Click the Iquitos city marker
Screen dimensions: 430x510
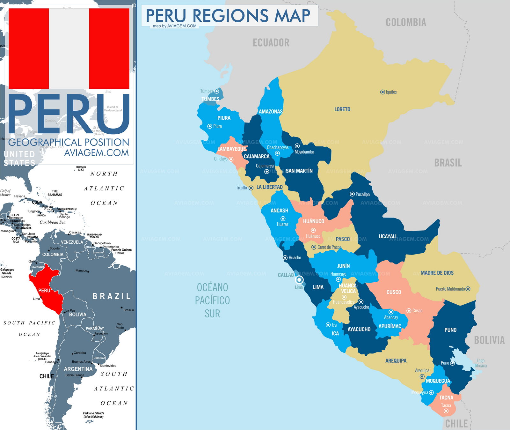click(x=382, y=92)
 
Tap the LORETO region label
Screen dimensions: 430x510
click(x=342, y=109)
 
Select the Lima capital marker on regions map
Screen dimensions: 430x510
click(x=299, y=280)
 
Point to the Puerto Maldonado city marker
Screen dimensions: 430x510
click(x=468, y=289)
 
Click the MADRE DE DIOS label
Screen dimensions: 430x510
click(x=437, y=273)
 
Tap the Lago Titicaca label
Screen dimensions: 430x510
click(x=480, y=363)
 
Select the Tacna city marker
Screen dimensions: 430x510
click(x=446, y=411)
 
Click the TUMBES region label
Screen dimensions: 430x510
click(x=210, y=99)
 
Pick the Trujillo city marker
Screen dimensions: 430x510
click(x=251, y=188)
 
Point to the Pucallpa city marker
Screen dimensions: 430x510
click(x=352, y=194)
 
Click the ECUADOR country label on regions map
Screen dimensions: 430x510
click(x=271, y=43)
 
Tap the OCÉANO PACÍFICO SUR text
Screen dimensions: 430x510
click(x=212, y=300)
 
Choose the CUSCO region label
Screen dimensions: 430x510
click(x=393, y=292)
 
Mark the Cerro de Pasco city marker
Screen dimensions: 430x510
click(x=314, y=247)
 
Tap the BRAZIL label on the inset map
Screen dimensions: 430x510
click(x=111, y=296)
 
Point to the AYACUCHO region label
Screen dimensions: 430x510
click(x=359, y=330)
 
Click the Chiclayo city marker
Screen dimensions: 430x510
click(x=231, y=159)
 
